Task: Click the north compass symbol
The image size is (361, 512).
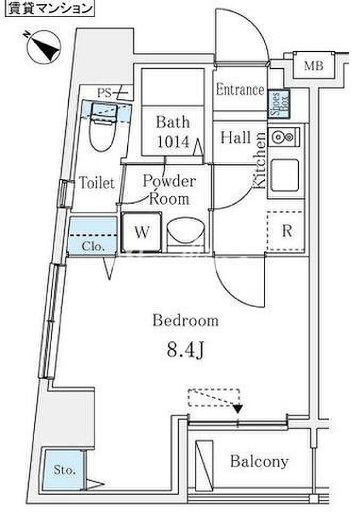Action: pos(44,47)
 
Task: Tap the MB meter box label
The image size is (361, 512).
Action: pos(314,66)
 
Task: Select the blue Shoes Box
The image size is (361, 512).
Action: pos(278,105)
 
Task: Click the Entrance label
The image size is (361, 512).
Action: pos(240,89)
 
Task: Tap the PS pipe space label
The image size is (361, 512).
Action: pos(104,93)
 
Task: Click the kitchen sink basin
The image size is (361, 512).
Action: pos(285,175)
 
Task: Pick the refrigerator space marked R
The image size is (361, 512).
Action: pos(286,231)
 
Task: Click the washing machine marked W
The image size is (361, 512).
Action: pos(141,232)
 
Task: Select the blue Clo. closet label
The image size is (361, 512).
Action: pos(93,246)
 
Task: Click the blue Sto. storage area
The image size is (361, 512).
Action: pos(64,470)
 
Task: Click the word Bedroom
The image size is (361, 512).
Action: pos(185,321)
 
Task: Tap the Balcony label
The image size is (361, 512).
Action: pos(259,462)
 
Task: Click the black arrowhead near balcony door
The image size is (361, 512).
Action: pos(239,409)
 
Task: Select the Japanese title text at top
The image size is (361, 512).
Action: pos(50,8)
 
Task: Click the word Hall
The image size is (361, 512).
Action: pos(235,137)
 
